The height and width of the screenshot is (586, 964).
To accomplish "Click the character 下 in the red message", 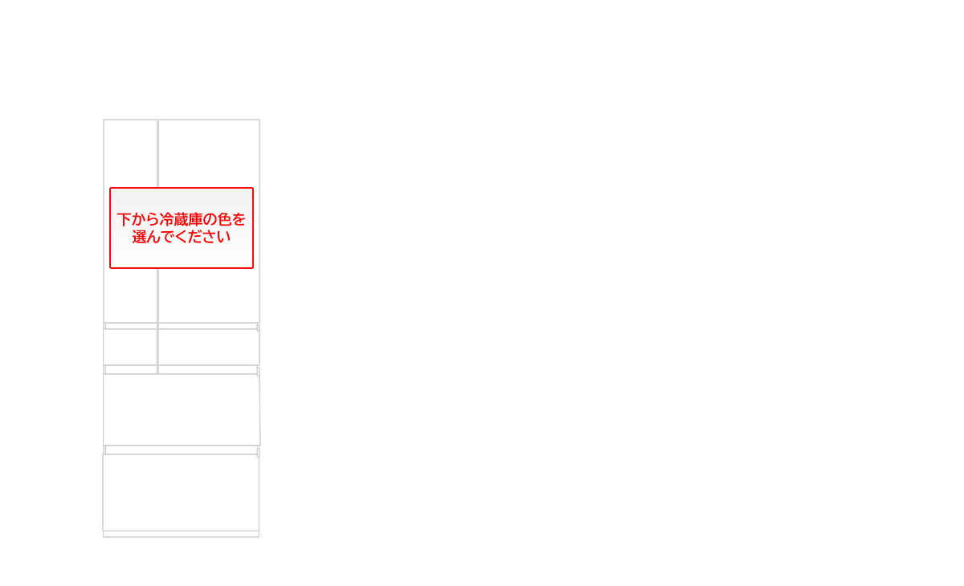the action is pos(124,220).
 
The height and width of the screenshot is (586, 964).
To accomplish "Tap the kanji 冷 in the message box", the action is pos(166,220).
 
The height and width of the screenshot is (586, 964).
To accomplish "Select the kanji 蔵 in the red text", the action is pos(182,220).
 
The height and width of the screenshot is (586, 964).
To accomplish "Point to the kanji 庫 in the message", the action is pos(196,220).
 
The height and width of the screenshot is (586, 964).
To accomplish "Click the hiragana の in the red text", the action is pos(210,220).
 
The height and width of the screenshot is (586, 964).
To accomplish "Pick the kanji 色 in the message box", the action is pos(225,220).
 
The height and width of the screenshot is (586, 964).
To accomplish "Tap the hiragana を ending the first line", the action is pos(239,220).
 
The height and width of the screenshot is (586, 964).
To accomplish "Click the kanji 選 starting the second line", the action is pos(140,237).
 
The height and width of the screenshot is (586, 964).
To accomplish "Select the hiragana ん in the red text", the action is pos(153,237).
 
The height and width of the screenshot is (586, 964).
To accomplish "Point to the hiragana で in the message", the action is pos(167,237).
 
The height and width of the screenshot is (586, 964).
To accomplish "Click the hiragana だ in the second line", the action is pos(195,237).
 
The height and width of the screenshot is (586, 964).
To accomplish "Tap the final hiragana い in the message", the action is pos(223,238).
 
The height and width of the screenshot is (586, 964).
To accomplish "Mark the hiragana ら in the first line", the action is pos(153,220).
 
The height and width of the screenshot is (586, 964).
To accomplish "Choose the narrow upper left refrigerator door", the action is pos(130,155).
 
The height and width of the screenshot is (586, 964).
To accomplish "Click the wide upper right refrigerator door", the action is pos(209,155).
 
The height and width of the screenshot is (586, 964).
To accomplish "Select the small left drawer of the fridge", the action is pos(130,347).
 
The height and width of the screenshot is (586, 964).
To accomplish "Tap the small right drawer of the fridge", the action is pos(209,347).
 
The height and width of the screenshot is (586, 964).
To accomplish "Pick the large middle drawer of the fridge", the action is pos(182,409).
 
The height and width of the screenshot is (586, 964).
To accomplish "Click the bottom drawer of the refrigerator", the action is pos(181,493).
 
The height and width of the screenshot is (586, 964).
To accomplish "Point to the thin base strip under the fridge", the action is pos(182,535).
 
